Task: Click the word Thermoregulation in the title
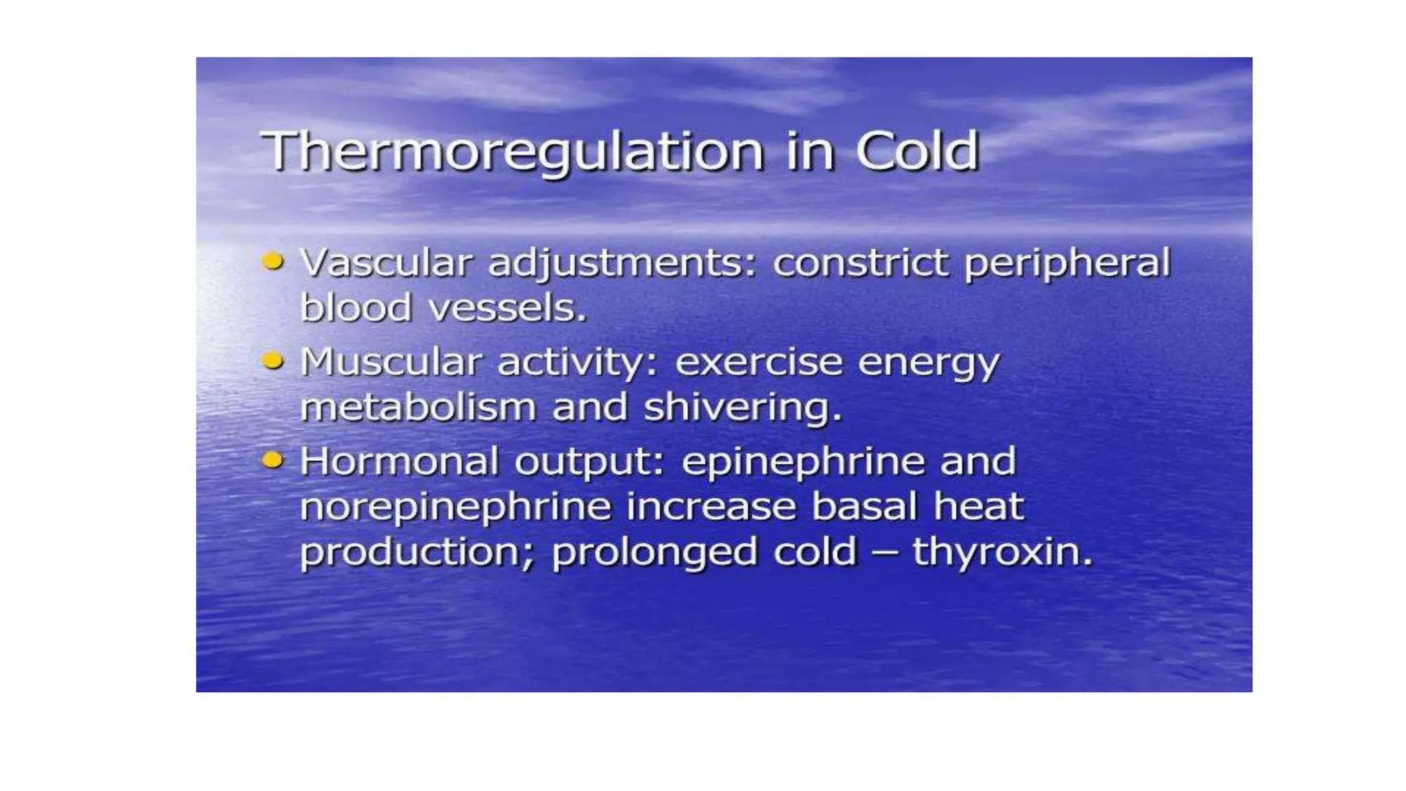coord(512,152)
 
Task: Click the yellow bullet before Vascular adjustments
coord(273,261)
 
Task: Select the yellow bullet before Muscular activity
coord(273,360)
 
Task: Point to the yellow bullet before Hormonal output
coord(273,459)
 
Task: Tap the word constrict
coord(861,263)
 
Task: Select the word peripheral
coord(1067,264)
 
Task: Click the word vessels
coord(508,308)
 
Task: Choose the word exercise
coord(759,363)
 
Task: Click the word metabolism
coord(418,407)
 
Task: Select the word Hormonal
coord(399,461)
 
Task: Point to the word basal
coord(864,507)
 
